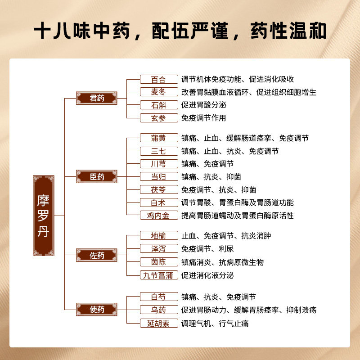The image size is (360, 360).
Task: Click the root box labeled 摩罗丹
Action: tap(44, 216)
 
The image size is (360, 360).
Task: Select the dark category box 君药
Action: tap(97, 98)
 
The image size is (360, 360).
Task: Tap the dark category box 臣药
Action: tap(97, 176)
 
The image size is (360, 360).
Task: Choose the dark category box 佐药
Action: tap(97, 255)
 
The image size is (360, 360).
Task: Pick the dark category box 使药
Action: tap(97, 309)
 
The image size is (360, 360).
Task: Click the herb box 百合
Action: tap(158, 79)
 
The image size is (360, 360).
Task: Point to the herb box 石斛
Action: tap(158, 105)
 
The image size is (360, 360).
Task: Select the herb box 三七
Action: tap(158, 151)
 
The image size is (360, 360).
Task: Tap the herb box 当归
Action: tap(158, 177)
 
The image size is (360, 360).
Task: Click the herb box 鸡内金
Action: tap(158, 215)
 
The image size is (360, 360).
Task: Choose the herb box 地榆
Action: tap(158, 236)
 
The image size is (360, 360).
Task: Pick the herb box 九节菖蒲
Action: tap(158, 275)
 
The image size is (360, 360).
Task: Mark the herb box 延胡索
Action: tap(158, 323)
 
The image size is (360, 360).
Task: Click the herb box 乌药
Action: tap(158, 310)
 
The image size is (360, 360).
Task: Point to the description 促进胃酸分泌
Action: tap(203, 105)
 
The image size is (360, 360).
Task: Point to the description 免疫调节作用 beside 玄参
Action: tap(203, 118)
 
